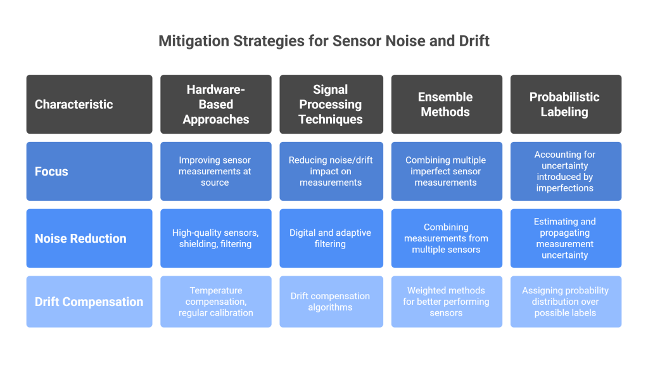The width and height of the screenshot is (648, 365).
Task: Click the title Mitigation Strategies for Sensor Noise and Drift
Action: (x=324, y=42)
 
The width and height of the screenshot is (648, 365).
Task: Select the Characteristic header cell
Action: (x=89, y=105)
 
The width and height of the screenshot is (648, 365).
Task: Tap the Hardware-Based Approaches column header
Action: (x=216, y=105)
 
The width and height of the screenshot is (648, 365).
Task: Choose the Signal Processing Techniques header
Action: (x=331, y=105)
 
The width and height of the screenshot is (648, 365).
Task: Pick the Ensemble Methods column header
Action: (x=446, y=105)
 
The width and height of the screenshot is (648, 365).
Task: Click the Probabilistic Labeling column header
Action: (x=565, y=105)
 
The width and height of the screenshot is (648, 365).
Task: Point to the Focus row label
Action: (x=89, y=171)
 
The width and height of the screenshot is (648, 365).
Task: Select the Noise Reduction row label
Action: (x=89, y=238)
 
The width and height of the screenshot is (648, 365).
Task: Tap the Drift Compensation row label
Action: (x=89, y=302)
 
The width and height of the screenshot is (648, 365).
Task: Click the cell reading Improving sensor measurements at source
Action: (x=216, y=171)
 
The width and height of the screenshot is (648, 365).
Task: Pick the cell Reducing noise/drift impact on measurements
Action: (x=331, y=171)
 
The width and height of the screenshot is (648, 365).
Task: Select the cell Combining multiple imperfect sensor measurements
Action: (x=446, y=171)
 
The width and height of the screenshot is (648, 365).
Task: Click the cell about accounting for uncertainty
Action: (x=565, y=171)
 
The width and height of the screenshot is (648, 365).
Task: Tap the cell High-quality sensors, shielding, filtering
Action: (x=216, y=238)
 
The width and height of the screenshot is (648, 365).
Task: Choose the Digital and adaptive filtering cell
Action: (x=331, y=238)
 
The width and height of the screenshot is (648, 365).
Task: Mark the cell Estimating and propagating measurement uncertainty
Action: (x=565, y=238)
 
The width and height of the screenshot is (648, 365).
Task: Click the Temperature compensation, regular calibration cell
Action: (x=216, y=302)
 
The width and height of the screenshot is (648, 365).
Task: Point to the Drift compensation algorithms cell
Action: (x=331, y=302)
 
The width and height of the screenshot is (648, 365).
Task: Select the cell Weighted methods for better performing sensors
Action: (x=446, y=302)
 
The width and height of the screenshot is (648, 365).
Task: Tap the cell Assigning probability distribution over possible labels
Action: (x=565, y=302)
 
